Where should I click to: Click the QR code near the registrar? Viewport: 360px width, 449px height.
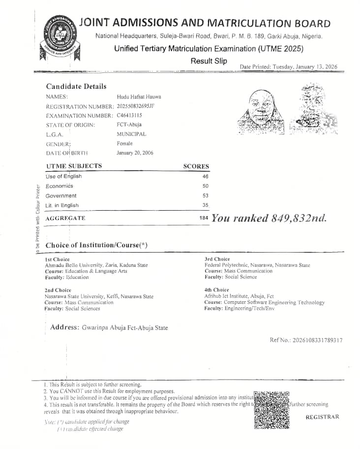[x=271, y=410]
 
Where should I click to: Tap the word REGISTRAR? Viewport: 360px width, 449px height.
[x=322, y=417]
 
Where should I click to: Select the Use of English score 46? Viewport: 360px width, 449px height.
[x=206, y=176]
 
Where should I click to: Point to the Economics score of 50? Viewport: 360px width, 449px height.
[x=206, y=186]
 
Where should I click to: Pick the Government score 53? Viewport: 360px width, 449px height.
[x=206, y=196]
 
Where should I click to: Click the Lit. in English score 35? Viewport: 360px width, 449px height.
[x=206, y=205]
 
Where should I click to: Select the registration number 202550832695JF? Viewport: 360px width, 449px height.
[x=143, y=106]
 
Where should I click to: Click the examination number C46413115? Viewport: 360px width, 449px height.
[x=129, y=115]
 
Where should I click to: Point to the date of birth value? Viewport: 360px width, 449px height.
[x=135, y=153]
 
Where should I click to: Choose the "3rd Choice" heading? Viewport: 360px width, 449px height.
[x=217, y=259]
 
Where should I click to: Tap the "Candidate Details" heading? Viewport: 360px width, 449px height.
[x=76, y=86]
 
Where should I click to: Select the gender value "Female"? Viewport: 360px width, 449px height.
[x=124, y=143]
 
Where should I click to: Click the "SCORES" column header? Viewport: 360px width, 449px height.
[x=196, y=166]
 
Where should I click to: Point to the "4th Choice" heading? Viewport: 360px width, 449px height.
[x=216, y=290]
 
